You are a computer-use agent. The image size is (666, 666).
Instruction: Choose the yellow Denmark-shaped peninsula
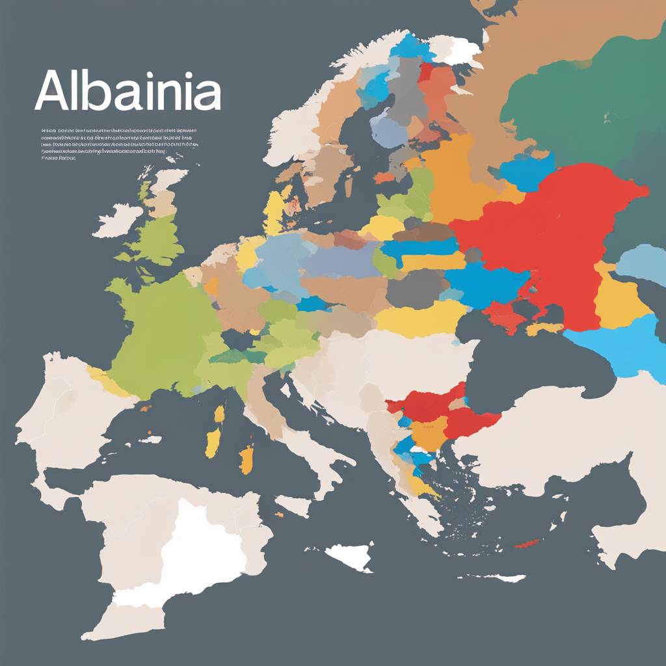point(276,211)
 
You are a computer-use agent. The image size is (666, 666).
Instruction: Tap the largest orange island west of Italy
point(246,459)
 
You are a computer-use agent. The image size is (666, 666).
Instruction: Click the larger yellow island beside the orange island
point(213,442)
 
